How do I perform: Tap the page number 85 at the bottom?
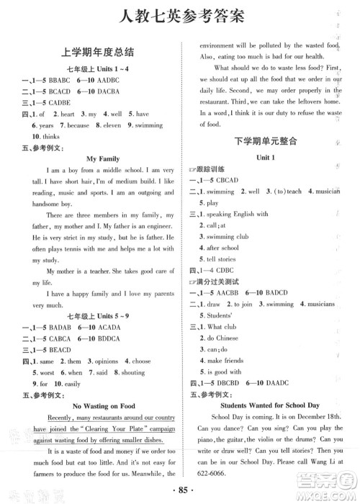[180, 494]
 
